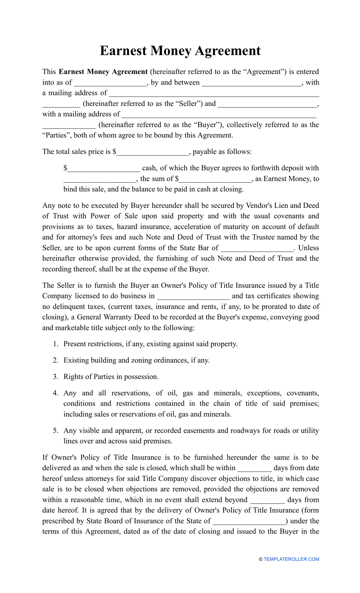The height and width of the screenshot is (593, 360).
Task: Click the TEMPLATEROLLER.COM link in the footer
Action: coord(291,559)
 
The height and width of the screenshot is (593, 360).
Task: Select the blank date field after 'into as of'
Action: coord(110,83)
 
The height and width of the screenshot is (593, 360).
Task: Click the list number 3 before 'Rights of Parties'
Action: coord(55,377)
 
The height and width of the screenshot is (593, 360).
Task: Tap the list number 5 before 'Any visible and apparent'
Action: coord(55,430)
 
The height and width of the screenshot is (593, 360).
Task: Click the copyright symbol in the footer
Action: coord(261,559)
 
